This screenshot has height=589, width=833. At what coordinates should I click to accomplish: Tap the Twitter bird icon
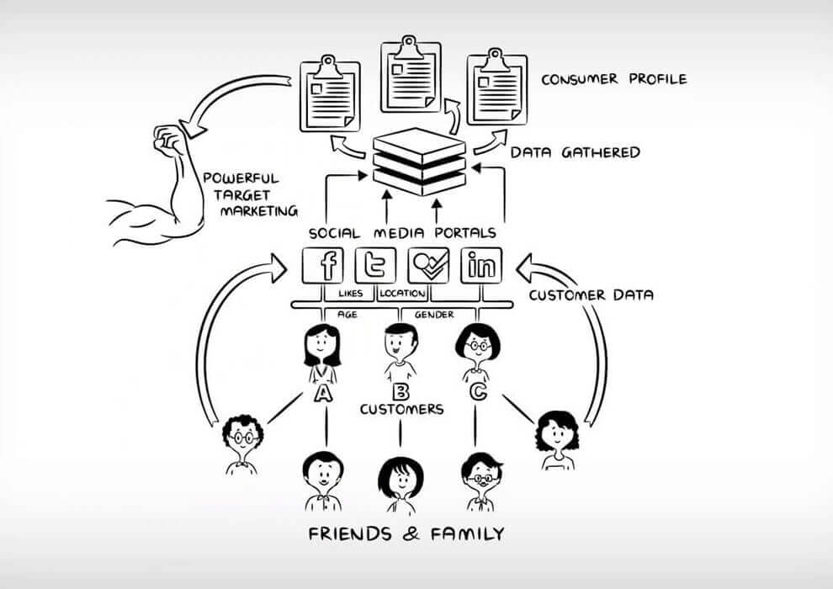click(375, 267)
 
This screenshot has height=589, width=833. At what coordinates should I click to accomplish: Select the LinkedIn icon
click(482, 267)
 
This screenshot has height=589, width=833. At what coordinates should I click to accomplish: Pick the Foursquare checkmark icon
click(428, 267)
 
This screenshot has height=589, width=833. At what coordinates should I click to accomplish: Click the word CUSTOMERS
click(401, 410)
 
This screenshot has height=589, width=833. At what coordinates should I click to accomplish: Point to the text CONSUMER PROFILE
click(613, 80)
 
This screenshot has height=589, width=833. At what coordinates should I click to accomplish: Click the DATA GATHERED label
click(576, 153)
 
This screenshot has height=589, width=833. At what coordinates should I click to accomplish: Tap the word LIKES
click(350, 294)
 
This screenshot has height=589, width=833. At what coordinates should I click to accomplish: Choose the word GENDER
click(434, 314)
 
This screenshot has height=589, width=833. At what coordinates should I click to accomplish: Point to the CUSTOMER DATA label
click(592, 295)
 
